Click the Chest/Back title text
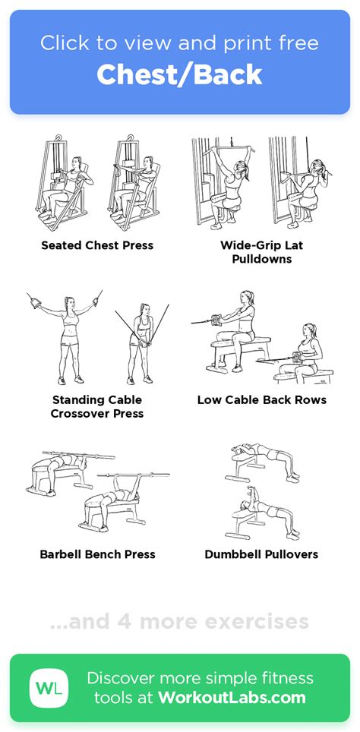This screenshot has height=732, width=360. coord(179,74)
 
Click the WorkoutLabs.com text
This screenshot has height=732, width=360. coord(232,698)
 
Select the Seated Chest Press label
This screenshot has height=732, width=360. coord(97,245)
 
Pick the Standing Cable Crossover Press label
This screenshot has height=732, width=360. coord(97,406)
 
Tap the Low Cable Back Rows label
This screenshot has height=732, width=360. coord(261,399)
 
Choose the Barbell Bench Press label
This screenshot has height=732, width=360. coord(97,554)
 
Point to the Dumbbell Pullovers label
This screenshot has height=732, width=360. coord(261,554)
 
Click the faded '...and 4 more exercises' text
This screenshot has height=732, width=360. coord(179,622)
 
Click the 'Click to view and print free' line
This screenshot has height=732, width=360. coord(179,43)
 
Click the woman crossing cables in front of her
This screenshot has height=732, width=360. coord(142,342)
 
